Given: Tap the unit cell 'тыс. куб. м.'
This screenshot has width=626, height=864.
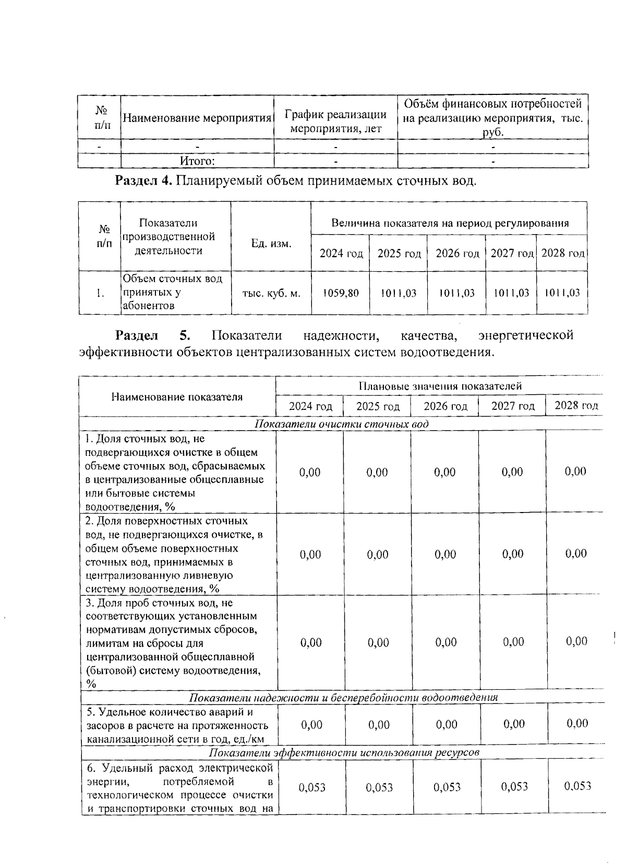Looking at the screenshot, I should point(271,293).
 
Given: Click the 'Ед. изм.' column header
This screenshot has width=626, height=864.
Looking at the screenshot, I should point(271,244).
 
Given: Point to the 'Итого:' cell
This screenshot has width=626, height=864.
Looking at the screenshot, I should point(197,161).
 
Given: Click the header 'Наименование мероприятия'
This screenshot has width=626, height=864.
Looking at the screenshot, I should point(197,118).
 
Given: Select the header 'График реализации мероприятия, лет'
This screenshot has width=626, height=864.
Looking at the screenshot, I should point(335,121).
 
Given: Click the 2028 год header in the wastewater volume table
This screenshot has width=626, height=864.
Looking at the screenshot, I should point(562,253).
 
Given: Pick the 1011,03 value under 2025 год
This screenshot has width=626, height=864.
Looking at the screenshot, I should point(399,293).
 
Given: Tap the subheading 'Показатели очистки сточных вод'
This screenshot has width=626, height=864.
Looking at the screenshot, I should point(341,423).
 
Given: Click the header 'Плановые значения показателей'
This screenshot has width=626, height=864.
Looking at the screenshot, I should point(439,386).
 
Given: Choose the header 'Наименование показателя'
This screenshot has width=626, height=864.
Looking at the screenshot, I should point(177,397).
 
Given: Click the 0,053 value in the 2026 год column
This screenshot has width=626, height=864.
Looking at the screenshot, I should point(447,787).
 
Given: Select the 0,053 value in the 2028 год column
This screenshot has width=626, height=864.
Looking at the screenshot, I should point(577,786).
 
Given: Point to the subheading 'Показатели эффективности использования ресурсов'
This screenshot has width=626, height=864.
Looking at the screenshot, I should point(344,753).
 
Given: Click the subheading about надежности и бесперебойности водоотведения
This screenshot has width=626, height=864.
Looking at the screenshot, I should point(343,698).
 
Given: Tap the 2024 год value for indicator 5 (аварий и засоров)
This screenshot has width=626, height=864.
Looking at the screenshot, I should point(311,725).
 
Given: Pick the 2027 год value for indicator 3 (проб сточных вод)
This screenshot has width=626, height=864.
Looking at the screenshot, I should point(513,642).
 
